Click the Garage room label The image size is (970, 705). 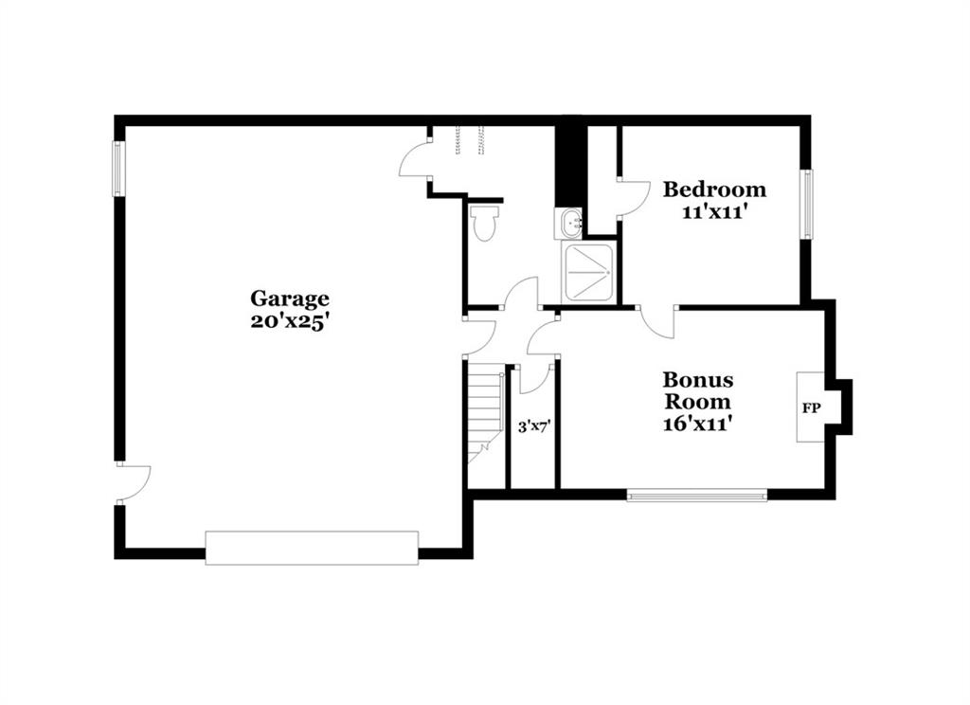coord(290,299)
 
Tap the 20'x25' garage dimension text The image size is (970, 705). coord(288,322)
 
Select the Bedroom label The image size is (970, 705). coord(714,189)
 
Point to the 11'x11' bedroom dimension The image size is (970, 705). coord(716,212)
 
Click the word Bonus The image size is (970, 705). coord(698,379)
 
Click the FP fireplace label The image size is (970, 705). coord(811,408)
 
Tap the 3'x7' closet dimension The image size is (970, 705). coord(534,426)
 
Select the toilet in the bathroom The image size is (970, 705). coord(484,223)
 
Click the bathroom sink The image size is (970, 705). coord(569,224)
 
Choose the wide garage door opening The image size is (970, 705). coord(312,547)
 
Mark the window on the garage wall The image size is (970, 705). coord(118,169)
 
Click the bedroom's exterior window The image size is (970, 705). coord(807,204)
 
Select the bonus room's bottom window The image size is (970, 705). coord(697,495)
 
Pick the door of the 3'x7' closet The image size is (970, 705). coord(533,379)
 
